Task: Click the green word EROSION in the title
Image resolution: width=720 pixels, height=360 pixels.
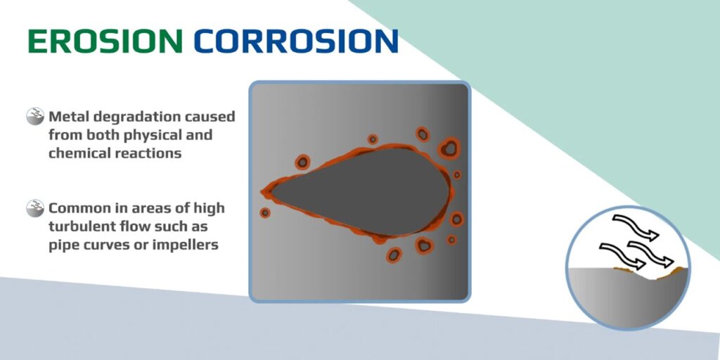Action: tap(105, 41)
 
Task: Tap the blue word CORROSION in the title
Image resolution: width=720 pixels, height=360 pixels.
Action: tap(296, 41)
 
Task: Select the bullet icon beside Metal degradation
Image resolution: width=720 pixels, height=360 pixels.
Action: tap(35, 116)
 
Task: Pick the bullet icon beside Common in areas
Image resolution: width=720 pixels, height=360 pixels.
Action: tap(35, 209)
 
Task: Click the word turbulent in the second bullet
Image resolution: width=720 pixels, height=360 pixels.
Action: tap(82, 227)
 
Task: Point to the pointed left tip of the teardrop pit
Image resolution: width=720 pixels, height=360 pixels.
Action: tap(266, 191)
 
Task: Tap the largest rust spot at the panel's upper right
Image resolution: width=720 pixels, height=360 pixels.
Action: tap(448, 148)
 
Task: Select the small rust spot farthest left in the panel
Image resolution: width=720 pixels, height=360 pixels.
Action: tap(265, 212)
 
